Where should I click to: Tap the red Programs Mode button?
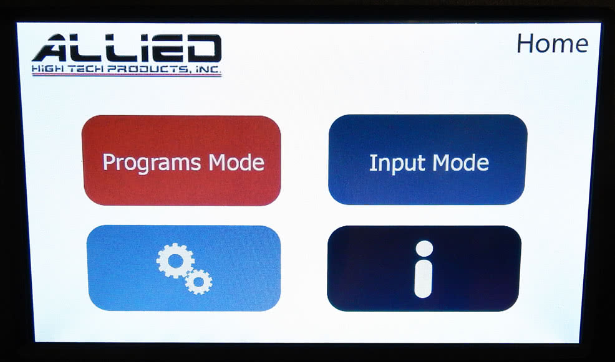182,161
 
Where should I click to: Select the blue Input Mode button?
428,160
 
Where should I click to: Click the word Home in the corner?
553,43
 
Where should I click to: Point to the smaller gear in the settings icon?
198,281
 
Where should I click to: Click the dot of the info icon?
424,249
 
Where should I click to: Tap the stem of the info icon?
424,279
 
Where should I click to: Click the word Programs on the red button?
152,163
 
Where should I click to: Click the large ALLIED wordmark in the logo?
127,49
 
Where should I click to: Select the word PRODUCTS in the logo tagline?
147,69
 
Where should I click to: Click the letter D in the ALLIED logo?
202,49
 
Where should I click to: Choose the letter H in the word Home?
525,44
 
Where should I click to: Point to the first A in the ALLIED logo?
53,49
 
